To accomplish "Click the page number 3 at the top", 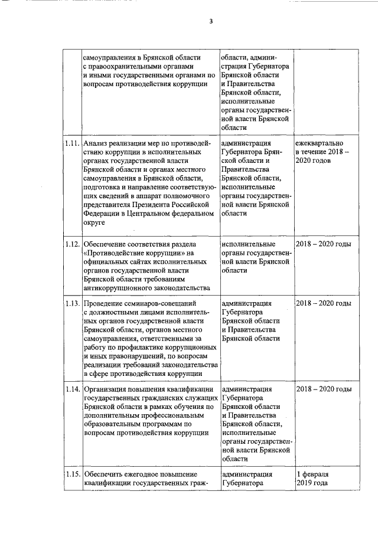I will point(210,22).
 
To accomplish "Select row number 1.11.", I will point(72,143).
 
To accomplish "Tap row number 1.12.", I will point(72,244).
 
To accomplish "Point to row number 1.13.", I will point(72,303).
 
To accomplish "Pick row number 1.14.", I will point(72,389).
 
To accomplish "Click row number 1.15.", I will point(72,474).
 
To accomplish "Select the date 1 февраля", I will point(314,474).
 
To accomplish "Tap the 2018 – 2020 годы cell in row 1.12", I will point(324,244).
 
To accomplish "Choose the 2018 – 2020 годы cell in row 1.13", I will point(324,303).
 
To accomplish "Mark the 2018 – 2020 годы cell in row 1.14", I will point(324,389).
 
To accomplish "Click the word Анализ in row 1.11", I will point(96,143).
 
